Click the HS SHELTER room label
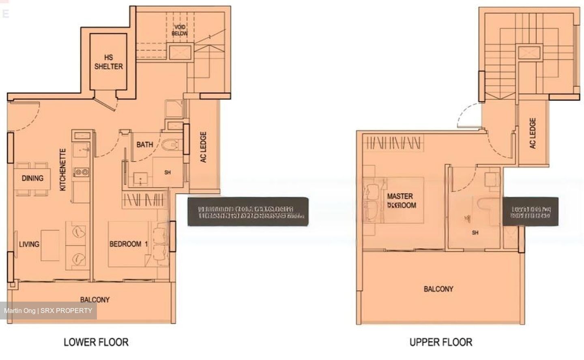pos(108,62)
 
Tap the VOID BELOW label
pos(179,30)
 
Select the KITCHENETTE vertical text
pos(63,170)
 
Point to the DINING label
pos(32,178)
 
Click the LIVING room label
pos(29,244)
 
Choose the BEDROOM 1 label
pos(129,244)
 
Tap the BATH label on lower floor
pos(145,144)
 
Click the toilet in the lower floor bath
pos(172,145)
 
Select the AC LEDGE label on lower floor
pos(204,147)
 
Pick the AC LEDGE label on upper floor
pos(533,133)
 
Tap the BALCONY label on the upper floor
pos(438,289)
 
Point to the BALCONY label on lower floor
pos(95,300)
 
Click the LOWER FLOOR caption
pos(96,342)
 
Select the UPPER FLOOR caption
pos(441,342)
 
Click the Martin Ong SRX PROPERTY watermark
pos(48,311)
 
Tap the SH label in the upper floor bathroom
pos(475,233)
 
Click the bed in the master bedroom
pos(393,201)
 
